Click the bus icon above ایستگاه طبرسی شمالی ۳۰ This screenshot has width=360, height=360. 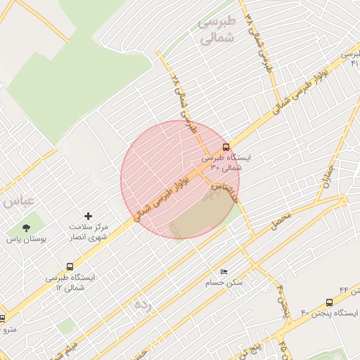point(226,148)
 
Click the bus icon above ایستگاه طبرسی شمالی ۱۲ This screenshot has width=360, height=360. point(69,266)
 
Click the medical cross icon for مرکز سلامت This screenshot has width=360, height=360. point(88,215)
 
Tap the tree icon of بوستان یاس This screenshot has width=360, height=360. point(27,228)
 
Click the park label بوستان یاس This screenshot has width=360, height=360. point(27,240)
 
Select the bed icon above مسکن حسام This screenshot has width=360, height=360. point(224,271)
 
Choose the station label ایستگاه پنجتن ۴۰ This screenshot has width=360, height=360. point(330,313)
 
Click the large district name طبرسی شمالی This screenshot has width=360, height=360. point(217,31)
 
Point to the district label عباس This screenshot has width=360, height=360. point(18,201)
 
